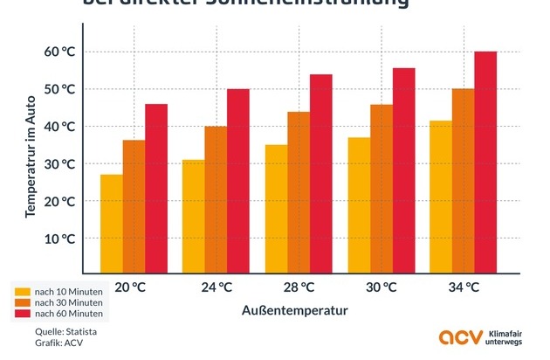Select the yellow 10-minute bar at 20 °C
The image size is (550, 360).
tap(112, 224)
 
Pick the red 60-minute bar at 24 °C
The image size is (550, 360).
tap(238, 181)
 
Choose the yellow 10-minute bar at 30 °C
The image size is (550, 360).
tap(359, 205)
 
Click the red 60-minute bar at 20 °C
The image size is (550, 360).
tap(156, 188)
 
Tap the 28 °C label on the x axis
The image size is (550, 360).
tap(298, 287)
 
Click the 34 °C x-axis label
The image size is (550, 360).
tap(463, 287)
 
